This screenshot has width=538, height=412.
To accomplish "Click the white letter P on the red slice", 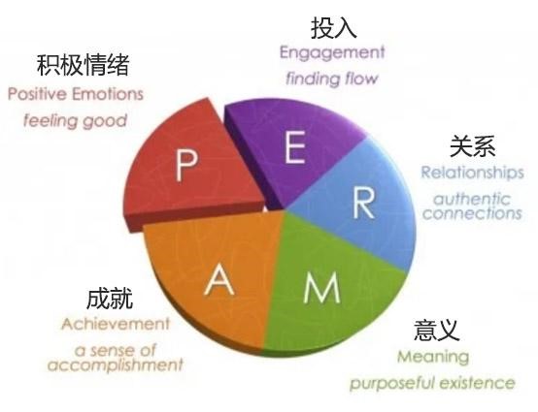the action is [186, 166].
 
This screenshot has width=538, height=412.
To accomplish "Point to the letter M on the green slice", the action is [321, 287].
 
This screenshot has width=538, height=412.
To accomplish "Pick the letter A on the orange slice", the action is [219, 280].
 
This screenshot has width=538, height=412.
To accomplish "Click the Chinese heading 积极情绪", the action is [84, 64].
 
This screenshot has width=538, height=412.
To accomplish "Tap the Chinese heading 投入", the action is [333, 28].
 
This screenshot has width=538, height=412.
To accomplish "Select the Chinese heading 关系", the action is [473, 146].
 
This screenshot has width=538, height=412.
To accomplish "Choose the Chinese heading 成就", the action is [110, 299].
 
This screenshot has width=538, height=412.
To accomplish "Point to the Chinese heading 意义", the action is [436, 331].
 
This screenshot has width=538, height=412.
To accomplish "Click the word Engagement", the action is [332, 53].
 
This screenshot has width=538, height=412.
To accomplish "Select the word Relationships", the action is [473, 173].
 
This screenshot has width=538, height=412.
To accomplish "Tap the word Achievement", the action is [116, 324].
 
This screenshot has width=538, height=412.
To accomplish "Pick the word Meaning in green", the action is [433, 357].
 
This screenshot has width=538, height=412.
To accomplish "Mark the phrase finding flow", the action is [332, 79].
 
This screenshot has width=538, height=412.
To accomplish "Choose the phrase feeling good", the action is [75, 121].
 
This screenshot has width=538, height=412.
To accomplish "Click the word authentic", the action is [472, 199].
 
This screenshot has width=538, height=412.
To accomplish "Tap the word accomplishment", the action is [116, 364].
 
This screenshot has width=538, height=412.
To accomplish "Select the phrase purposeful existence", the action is [432, 383].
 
